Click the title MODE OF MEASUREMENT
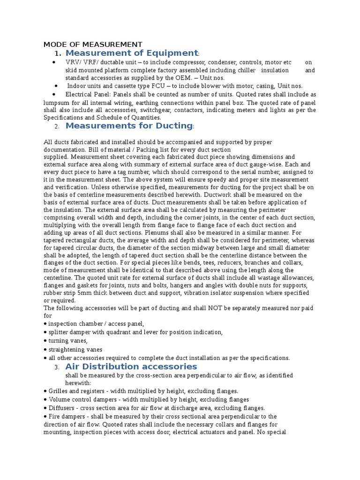coord(92,45)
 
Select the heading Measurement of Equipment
coord(132,53)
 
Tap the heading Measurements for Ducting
coord(129,126)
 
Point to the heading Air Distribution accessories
coord(131,367)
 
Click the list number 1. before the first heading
coord(58,54)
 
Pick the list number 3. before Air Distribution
coord(57,367)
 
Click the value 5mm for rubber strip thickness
coord(71,293)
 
